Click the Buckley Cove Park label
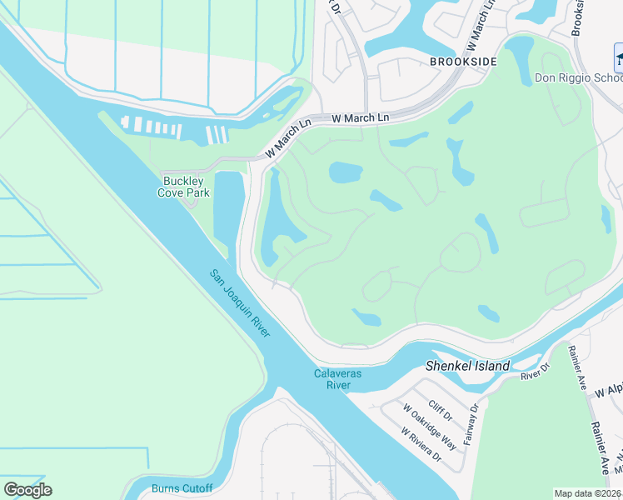pyautogui.click(x=185, y=186)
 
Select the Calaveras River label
pyautogui.click(x=337, y=379)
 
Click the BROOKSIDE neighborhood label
pyautogui.click(x=463, y=62)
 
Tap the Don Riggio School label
pyautogui.click(x=578, y=78)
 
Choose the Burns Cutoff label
pyautogui.click(x=182, y=488)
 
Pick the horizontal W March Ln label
pyautogui.click(x=360, y=118)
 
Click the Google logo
pyautogui.click(x=27, y=490)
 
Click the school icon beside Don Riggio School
pyautogui.click(x=619, y=60)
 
